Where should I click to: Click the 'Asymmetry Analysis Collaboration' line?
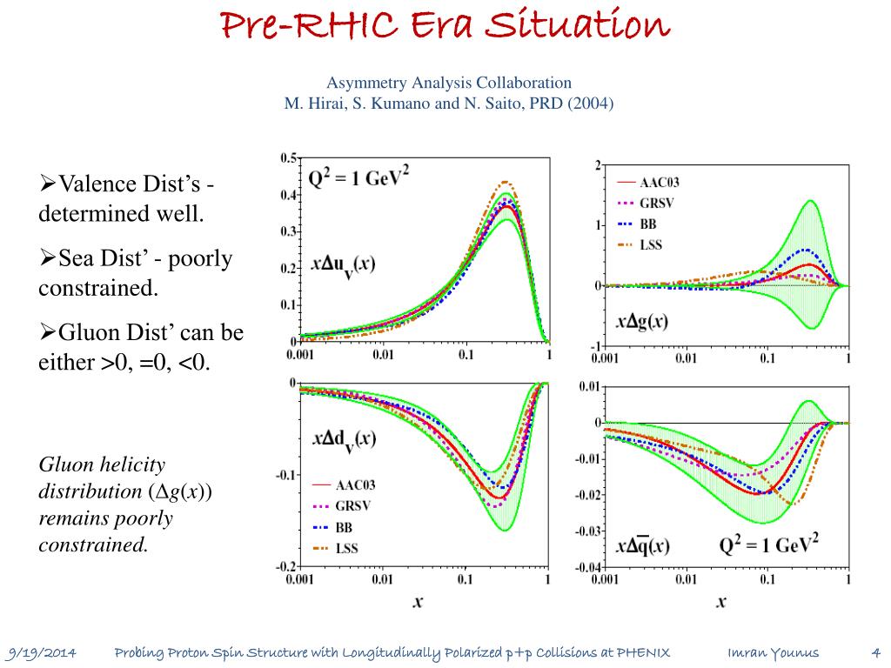(449, 83)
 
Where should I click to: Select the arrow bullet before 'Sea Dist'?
(49, 259)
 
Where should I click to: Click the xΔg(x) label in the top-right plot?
(642, 321)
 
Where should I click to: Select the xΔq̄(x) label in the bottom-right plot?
(643, 546)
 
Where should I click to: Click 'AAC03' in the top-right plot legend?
(660, 183)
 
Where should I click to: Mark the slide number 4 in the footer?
(875, 653)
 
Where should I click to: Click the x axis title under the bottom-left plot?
(418, 600)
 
